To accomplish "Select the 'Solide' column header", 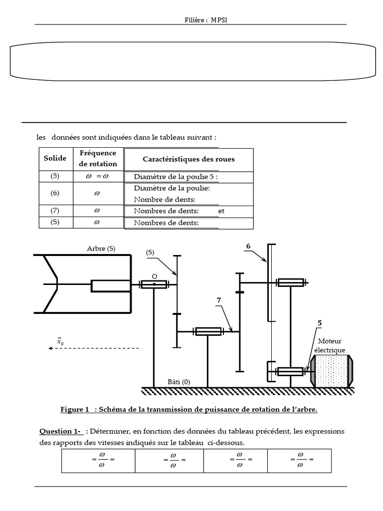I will pyautogui.click(x=55, y=159).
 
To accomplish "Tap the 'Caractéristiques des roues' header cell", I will pyautogui.click(x=189, y=159).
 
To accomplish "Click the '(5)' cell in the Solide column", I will pyautogui.click(x=55, y=176).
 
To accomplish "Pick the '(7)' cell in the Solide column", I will pyautogui.click(x=55, y=211).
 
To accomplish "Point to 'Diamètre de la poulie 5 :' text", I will pyautogui.click(x=176, y=177).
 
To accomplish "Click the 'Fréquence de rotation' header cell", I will pyautogui.click(x=98, y=159).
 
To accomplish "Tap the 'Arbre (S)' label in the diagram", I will pyautogui.click(x=101, y=249).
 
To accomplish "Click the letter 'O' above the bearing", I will pyautogui.click(x=154, y=276).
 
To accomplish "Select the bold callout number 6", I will pyautogui.click(x=248, y=246).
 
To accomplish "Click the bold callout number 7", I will pyautogui.click(x=218, y=300).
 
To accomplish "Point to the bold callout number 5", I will pyautogui.click(x=319, y=323).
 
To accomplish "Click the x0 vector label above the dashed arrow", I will pyautogui.click(x=60, y=341).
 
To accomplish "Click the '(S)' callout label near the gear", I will pyautogui.click(x=150, y=253).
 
